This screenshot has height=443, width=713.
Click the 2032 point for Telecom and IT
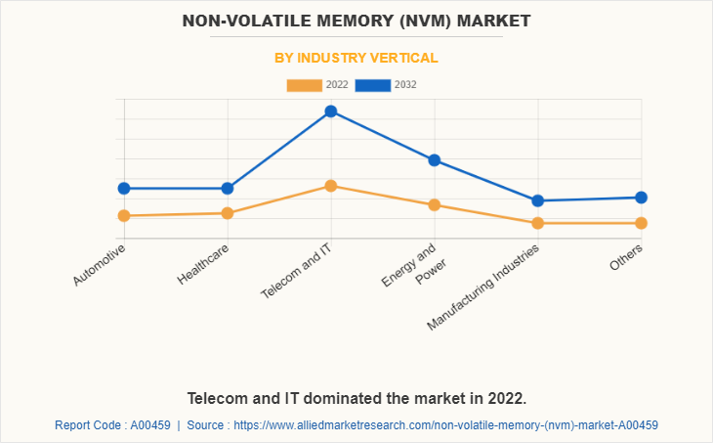331,111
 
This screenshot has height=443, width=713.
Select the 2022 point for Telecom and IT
331,186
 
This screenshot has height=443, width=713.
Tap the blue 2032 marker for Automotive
124,188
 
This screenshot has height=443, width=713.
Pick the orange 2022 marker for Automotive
124,215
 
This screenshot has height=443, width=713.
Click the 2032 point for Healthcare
228,188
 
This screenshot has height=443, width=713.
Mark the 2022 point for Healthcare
228,213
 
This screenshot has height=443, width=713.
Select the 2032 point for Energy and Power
435,160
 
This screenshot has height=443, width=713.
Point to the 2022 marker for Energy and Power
435,204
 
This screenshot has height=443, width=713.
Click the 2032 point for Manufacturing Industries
538,200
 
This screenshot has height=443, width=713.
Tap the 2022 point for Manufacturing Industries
538,223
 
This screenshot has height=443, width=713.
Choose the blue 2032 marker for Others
642,198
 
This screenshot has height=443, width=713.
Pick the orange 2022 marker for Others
642,223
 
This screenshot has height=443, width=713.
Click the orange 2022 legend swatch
304,85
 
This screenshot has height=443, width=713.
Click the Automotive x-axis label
100,265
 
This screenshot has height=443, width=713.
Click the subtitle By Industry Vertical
356,58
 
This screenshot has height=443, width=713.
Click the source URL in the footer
450,425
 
